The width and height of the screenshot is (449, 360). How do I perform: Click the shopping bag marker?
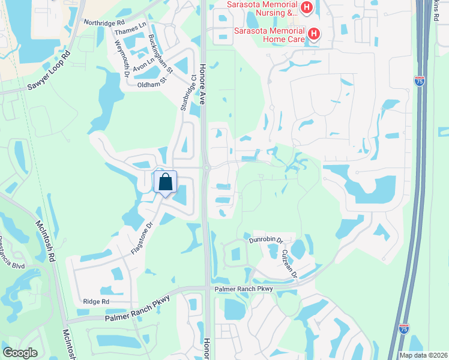165,182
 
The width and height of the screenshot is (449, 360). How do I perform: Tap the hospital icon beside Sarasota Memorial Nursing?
307,8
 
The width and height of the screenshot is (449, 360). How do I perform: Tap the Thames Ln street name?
130,29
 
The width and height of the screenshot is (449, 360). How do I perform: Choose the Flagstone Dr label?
142,238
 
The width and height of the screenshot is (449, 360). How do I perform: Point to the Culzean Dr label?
290,262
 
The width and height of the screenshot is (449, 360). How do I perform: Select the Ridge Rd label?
96,301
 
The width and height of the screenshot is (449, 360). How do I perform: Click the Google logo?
20,353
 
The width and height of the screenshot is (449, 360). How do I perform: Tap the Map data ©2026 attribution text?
423,355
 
